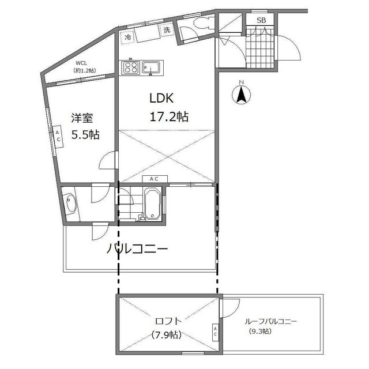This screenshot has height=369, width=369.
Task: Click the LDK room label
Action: coord(161,98)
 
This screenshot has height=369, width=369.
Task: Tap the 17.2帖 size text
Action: coord(169,116)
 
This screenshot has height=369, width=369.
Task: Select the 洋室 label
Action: coord(82,118)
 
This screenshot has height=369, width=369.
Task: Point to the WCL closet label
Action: coord(81,63)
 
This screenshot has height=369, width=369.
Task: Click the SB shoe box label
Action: coord(261,21)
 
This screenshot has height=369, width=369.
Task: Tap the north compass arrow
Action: coord(241,95)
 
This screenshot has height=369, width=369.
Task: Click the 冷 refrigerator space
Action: coord(128,37)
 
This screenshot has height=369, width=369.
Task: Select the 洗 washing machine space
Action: coord(167,30)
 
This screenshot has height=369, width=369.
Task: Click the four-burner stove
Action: coord(131,67)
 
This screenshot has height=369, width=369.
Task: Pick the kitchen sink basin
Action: coord(152,67)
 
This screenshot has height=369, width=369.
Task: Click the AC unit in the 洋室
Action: coord(58,136)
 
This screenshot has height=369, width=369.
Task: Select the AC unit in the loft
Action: coord(215,332)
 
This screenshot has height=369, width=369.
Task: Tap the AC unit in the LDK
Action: coord(155,179)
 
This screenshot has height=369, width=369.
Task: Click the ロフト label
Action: coord(168,321)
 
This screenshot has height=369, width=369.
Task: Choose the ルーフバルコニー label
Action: coord(271,321)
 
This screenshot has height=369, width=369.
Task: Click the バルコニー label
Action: coord(137,248)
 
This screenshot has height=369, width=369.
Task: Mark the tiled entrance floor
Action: coord(260,48)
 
